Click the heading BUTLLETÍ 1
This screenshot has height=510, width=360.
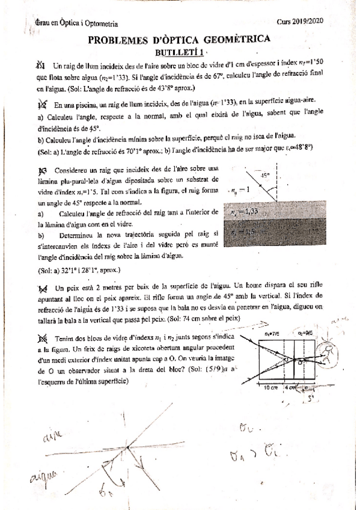178,52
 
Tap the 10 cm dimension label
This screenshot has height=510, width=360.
271,387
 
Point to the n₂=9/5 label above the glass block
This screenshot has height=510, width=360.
306,331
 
